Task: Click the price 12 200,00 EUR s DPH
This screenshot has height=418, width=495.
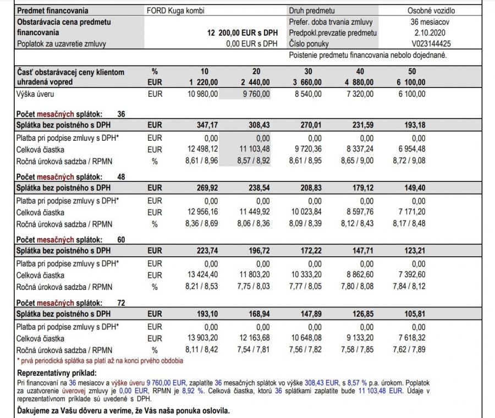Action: coord(243,33)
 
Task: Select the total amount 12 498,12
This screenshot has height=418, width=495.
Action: coord(203,149)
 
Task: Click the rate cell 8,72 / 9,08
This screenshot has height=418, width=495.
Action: coord(409,161)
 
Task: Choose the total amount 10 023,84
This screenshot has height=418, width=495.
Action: coord(306,212)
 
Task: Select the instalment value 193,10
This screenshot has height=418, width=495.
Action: coord(207,314)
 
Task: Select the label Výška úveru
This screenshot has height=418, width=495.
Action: coord(35,94)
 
